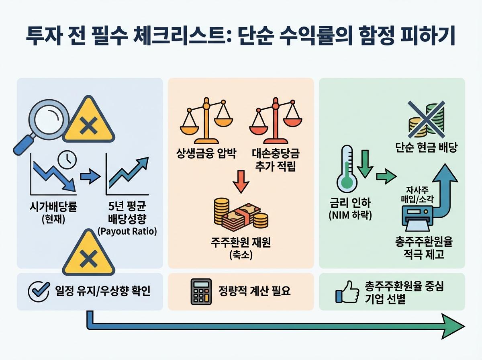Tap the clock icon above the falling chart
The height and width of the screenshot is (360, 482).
(x=67, y=159)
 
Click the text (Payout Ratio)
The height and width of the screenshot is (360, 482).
(x=127, y=231)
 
